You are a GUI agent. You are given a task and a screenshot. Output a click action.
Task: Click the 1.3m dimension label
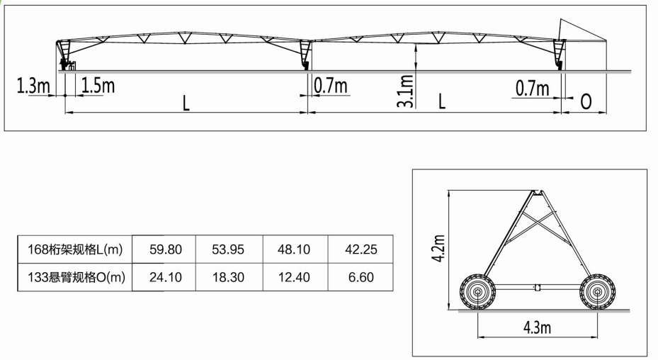point(33,86)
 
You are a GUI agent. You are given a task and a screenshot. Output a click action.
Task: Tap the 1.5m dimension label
point(98,85)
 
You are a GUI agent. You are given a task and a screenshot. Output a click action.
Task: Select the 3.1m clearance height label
point(405,91)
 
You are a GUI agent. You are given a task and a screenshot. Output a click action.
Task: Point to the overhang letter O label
point(586,101)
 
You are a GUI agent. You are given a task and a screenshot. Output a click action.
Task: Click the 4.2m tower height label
point(438,248)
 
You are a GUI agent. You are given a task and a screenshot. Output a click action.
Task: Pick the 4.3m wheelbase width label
point(537,327)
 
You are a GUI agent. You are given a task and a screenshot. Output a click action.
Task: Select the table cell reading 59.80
point(166,249)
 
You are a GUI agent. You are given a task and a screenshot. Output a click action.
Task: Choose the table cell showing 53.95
point(228,249)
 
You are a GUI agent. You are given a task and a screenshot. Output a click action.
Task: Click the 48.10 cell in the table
point(294,249)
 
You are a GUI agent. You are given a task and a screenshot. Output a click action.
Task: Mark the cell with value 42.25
point(361,249)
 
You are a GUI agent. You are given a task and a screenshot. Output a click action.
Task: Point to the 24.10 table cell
point(166,277)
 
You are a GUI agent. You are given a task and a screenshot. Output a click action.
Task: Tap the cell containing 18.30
point(228,277)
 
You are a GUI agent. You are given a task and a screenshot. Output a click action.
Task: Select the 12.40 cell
point(294,277)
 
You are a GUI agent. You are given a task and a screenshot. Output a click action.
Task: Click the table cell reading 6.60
point(361,277)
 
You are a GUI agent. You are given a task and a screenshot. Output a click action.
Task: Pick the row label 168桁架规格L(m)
point(75,249)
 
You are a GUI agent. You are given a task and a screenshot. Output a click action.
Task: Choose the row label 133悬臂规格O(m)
point(76,277)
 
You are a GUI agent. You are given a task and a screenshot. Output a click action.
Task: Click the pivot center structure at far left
point(64,55)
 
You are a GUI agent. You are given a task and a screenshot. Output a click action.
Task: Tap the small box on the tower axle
point(537,288)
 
